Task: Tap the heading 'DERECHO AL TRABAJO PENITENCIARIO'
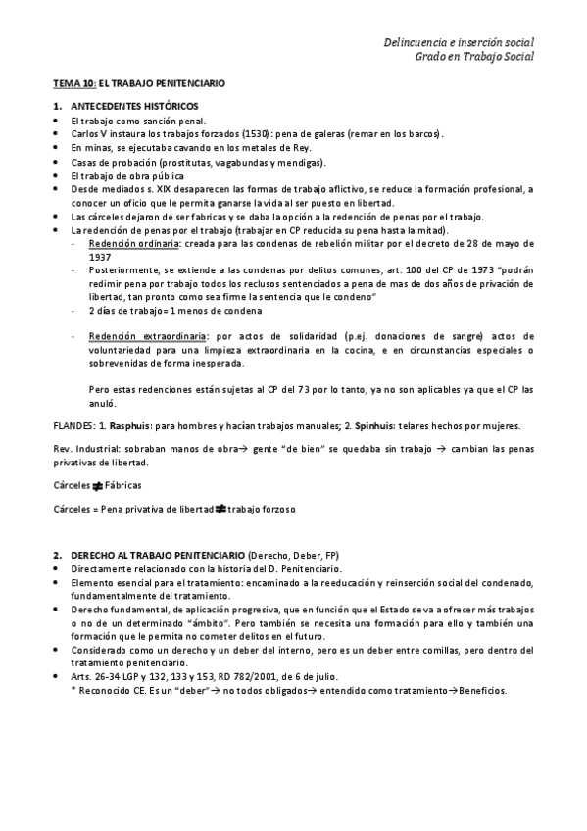pyautogui.click(x=158, y=555)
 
